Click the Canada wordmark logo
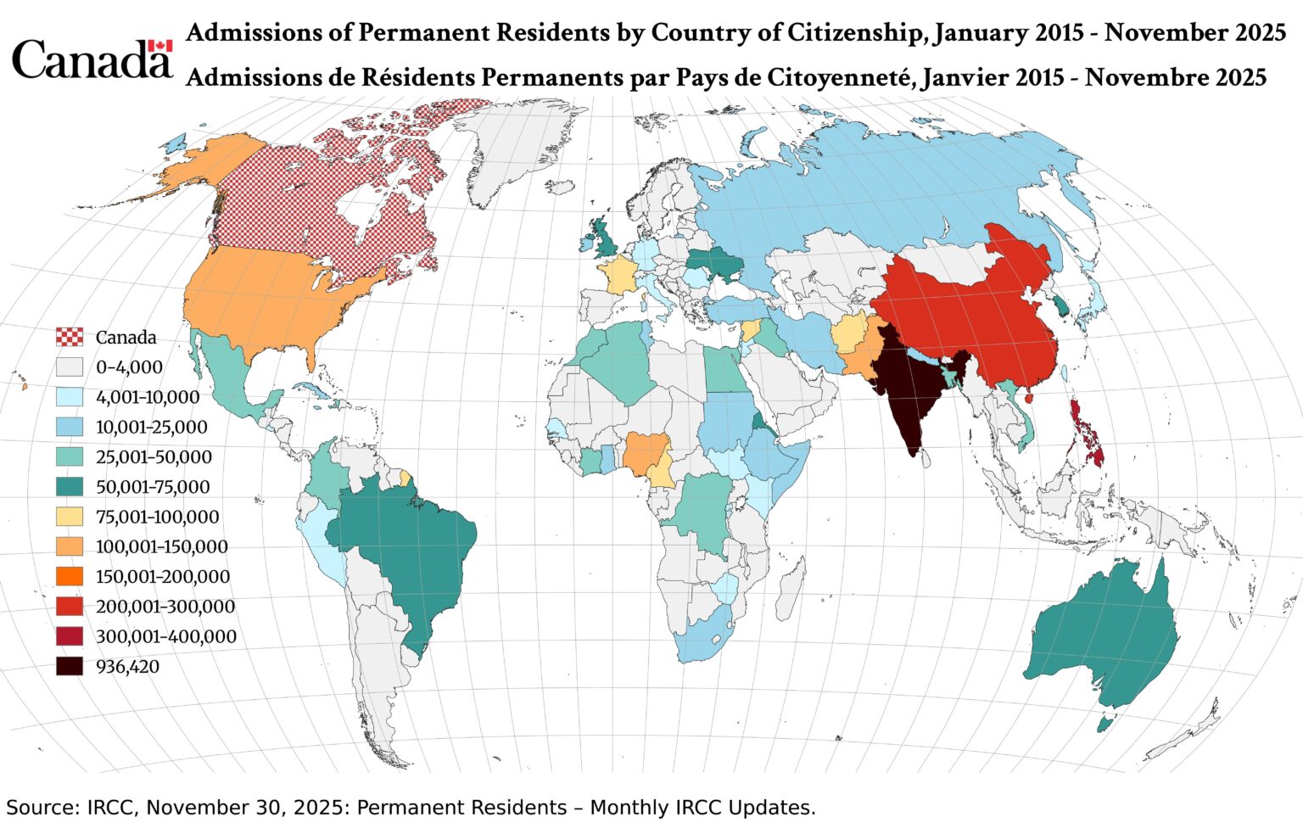point(90,60)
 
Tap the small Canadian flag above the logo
point(159,46)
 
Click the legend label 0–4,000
point(129,367)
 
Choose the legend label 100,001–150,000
point(162,546)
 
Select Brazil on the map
point(407,551)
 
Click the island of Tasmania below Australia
point(1104,724)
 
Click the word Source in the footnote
point(42,808)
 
